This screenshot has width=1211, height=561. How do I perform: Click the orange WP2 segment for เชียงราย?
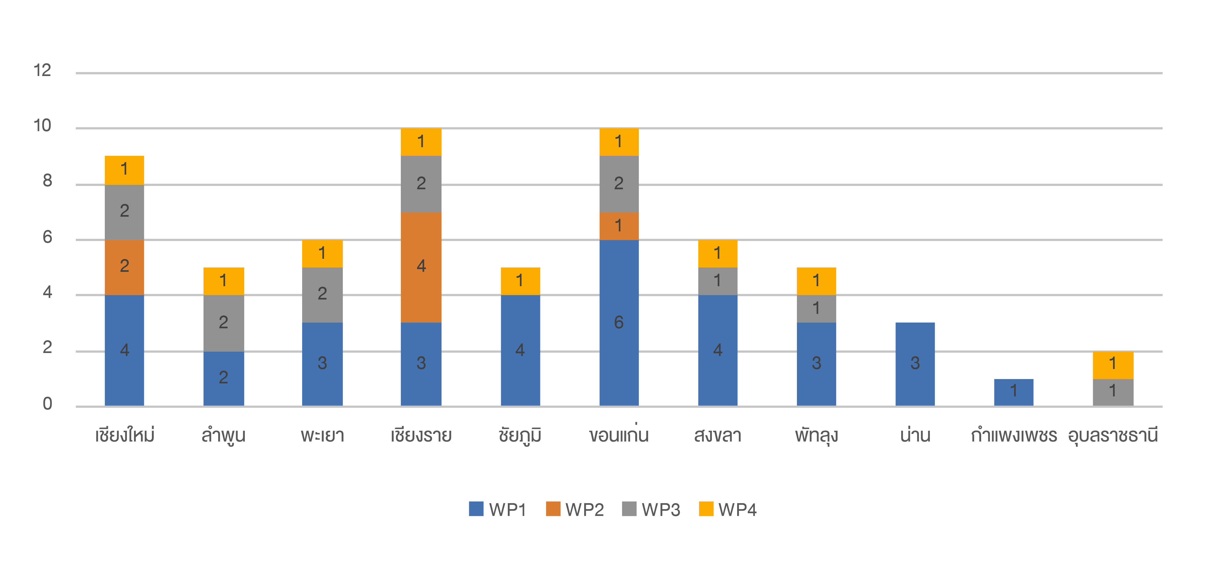pyautogui.click(x=421, y=267)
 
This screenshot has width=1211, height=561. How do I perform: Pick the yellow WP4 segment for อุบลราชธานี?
pyautogui.click(x=1113, y=365)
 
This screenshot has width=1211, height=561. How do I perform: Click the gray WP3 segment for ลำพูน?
pyautogui.click(x=223, y=323)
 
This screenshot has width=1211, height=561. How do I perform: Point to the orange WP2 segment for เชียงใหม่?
pyautogui.click(x=124, y=267)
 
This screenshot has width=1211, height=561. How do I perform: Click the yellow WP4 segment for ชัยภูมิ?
pyautogui.click(x=520, y=281)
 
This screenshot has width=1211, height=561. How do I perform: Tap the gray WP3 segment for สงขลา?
pyautogui.click(x=717, y=281)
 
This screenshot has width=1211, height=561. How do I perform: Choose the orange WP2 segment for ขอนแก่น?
pyautogui.click(x=619, y=226)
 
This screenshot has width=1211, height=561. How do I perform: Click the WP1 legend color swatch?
pyautogui.click(x=476, y=509)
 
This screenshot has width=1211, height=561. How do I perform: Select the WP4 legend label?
pyautogui.click(x=737, y=510)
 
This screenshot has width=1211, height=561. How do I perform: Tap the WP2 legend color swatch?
pyautogui.click(x=553, y=509)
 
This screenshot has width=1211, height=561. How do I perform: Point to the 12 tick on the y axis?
pyautogui.click(x=42, y=71)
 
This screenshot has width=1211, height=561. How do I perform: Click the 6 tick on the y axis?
pyautogui.click(x=47, y=237)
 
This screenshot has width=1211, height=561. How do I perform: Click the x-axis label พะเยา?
pyautogui.click(x=322, y=436)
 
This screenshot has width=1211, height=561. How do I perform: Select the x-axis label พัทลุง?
pyautogui.click(x=816, y=436)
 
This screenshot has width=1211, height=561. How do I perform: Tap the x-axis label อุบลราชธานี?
pyautogui.click(x=1112, y=436)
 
